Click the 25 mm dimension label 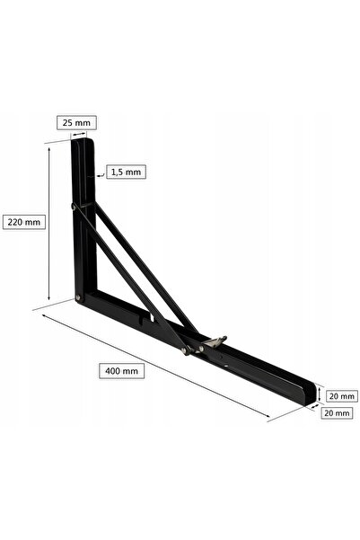pos(76,122)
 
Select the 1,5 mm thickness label pos(126,172)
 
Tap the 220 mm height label pos(24,222)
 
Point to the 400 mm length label pos(121,371)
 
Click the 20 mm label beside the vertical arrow pos(341,396)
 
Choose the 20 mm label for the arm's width pos(337,413)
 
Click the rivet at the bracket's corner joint pos(78,297)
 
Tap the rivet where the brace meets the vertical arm pos(74,207)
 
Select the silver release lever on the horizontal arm pos(214,341)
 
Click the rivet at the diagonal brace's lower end pos(185,350)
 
